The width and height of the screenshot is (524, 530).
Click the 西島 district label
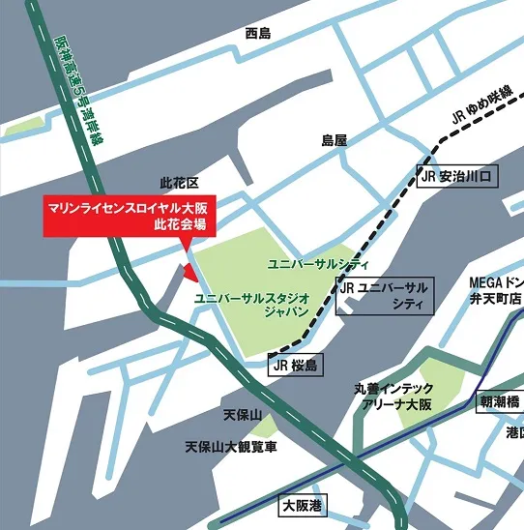coord(258,34)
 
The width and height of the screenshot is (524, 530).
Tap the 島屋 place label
coord(334,140)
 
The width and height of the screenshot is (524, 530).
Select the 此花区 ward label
coord(178,183)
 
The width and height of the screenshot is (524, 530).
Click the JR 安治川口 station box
coord(456,177)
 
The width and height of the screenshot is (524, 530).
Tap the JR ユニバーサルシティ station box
coord(386,296)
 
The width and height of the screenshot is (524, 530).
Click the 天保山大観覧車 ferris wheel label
coord(231,447)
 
